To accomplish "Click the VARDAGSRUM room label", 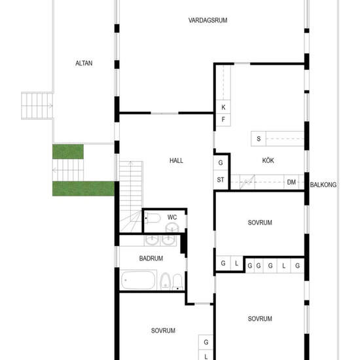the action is click(207, 20).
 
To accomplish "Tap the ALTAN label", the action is click(84, 63).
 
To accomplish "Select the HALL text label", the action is click(176, 160).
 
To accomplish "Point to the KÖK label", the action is click(268, 160).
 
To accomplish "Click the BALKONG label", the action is click(323, 185).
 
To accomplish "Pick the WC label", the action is click(172, 217).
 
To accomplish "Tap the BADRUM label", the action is click(151, 259).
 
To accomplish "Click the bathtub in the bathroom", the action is click(138, 280).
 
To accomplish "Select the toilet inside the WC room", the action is click(153, 218).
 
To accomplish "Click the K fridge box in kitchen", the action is click(223, 107).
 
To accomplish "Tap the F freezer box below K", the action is click(223, 120).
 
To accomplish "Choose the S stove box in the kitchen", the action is click(259, 139).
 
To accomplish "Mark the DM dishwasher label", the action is click(291, 183).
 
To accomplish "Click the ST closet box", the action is click(221, 180).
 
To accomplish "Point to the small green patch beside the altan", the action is click(68, 152).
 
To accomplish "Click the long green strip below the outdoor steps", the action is click(84, 189).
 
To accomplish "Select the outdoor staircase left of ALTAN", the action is click(37, 106).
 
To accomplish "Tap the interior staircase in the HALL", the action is click(131, 197).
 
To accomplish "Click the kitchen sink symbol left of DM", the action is click(247, 182).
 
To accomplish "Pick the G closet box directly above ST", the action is click(221, 163).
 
